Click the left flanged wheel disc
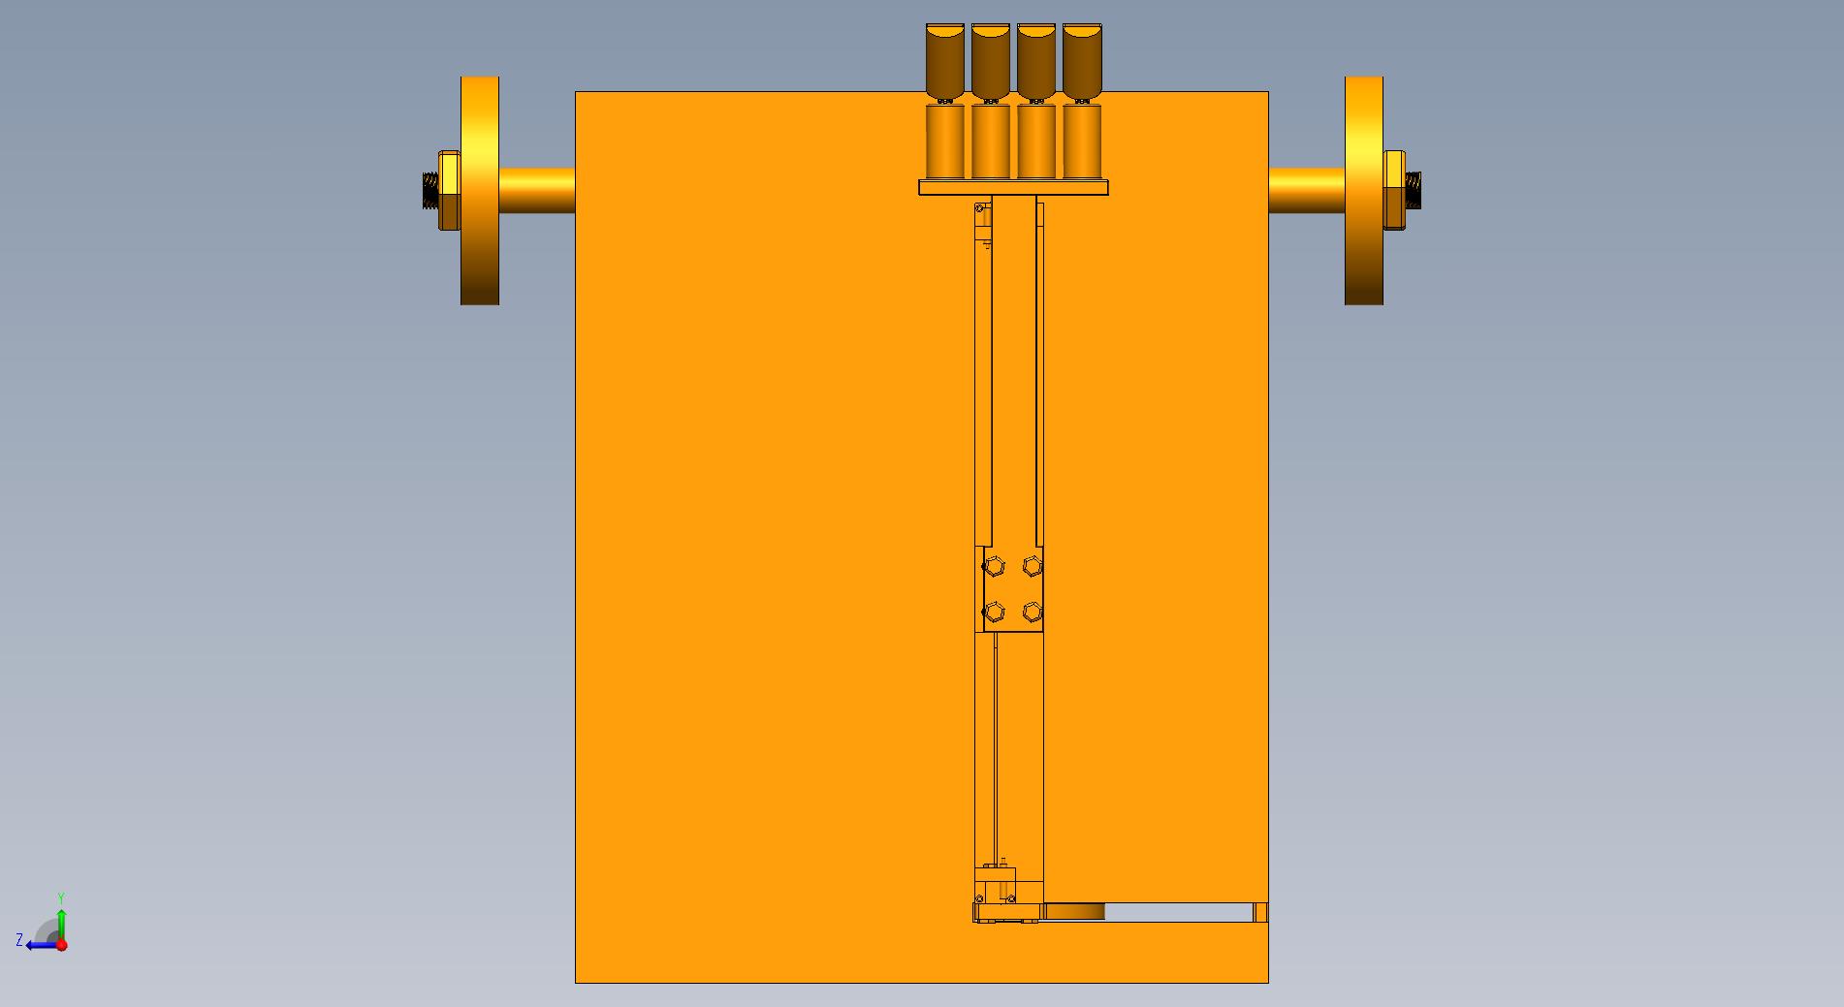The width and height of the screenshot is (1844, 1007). click(480, 190)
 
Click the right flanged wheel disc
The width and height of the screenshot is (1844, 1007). click(1363, 190)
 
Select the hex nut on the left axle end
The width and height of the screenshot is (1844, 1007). click(449, 190)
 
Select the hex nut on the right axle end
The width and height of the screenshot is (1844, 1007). click(1394, 190)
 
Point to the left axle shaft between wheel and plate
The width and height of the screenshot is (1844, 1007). click(537, 191)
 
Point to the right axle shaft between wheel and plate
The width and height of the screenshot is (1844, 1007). click(1306, 191)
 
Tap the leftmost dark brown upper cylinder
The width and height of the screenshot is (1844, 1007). click(945, 61)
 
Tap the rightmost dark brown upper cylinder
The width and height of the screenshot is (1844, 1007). click(1082, 61)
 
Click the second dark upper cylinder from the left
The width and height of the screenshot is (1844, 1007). click(991, 61)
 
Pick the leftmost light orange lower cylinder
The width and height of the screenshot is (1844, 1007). click(945, 142)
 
